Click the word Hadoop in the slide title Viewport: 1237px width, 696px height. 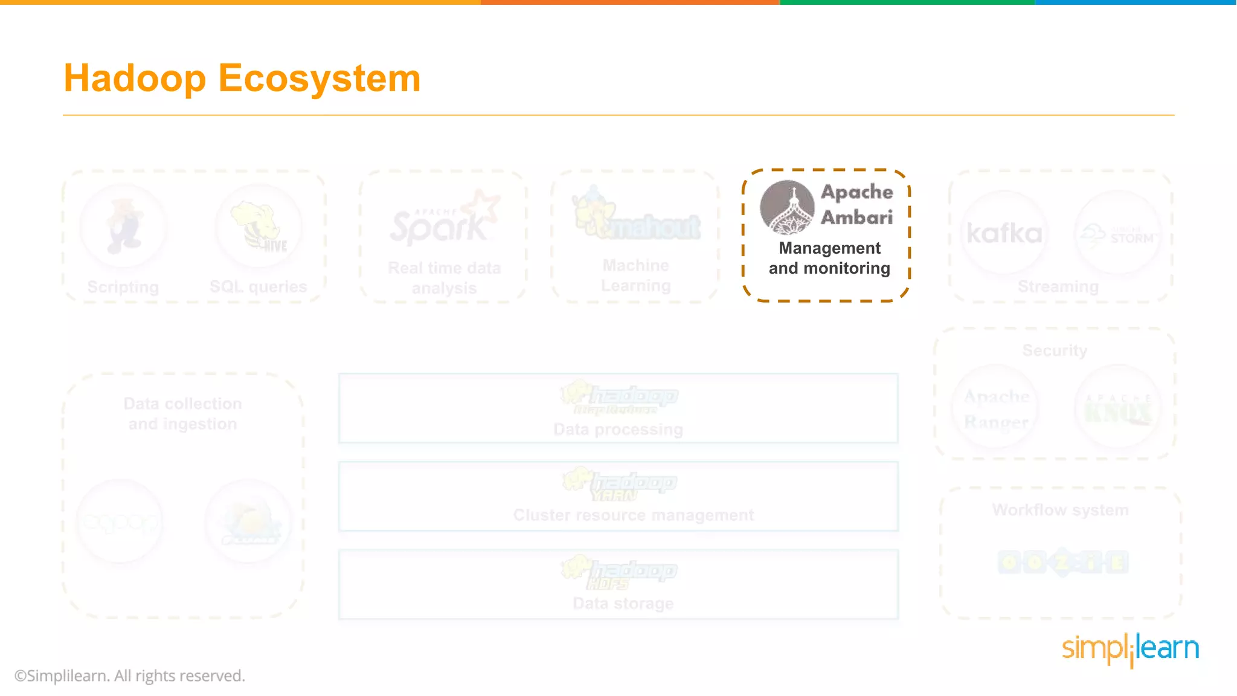tap(135, 79)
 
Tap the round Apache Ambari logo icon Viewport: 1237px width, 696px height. tap(786, 207)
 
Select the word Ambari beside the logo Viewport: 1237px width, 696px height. tap(856, 217)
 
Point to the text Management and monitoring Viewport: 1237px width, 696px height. tap(829, 258)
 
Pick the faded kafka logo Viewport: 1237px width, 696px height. tap(1004, 234)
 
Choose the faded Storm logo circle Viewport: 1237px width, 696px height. tap(1118, 234)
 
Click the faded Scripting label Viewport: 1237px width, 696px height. tap(123, 287)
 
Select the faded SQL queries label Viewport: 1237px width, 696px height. tap(258, 286)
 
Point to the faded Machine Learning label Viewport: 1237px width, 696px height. tap(635, 275)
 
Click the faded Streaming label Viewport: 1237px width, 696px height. tap(1058, 286)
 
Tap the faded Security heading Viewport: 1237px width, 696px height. tap(1055, 350)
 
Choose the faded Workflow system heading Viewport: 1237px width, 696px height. tap(1060, 510)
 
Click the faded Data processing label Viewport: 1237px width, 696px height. tap(618, 430)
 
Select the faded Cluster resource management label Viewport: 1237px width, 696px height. tap(633, 515)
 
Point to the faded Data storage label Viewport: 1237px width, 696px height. tap(623, 603)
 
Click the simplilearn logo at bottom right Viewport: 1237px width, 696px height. tap(1130, 649)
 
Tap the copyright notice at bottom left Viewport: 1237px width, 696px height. tap(130, 675)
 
